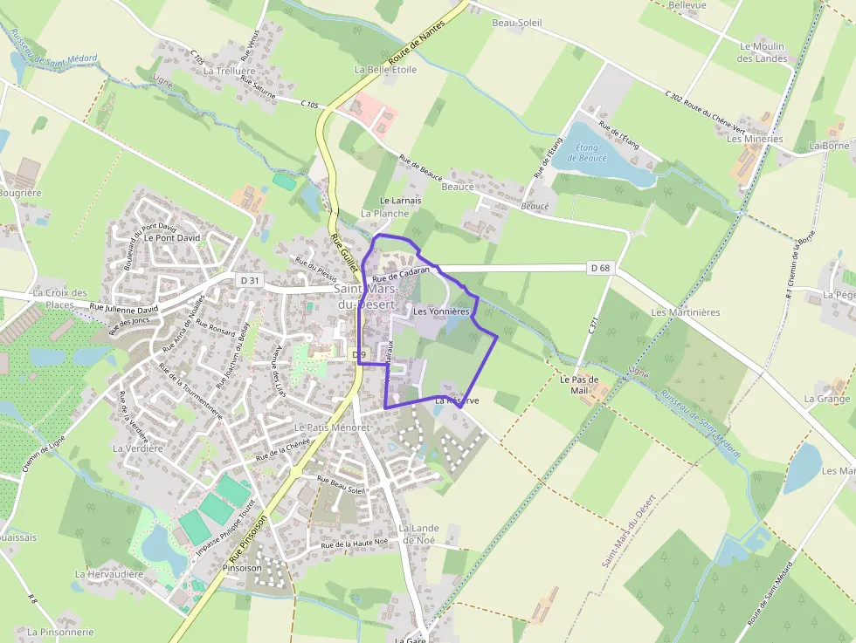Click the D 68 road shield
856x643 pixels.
coord(600,269)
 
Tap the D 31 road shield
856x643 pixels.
coord(249,280)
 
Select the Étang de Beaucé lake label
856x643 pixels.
coord(586,153)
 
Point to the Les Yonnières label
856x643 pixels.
coord(441,311)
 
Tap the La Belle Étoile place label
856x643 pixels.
coord(385,70)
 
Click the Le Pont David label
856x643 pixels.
coord(172,237)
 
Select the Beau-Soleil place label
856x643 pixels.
coord(517,23)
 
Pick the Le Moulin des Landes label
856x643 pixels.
coord(762,52)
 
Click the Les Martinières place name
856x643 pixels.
coord(685,312)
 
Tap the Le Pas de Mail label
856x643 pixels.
coord(579,385)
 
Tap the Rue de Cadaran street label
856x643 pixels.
coord(402,274)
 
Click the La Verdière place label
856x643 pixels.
coord(138,448)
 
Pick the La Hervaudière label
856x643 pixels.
coord(108,574)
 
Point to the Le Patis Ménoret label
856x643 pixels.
coord(332,428)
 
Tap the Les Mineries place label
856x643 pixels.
coord(755,139)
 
